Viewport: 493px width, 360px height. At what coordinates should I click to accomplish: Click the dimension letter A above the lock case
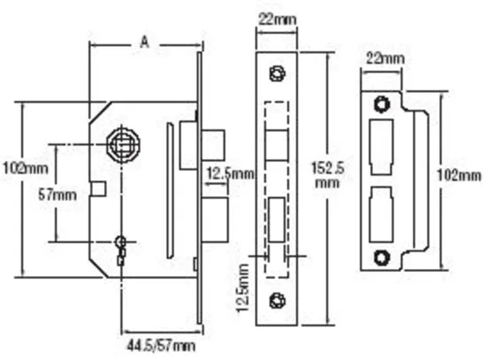click(x=144, y=43)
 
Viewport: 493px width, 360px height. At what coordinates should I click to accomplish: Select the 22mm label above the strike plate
click(x=383, y=59)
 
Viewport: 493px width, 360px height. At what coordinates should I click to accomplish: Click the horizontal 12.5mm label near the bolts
click(x=230, y=174)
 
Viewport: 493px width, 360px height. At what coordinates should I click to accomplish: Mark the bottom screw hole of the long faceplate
click(x=276, y=298)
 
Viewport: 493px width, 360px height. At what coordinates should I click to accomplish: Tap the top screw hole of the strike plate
click(x=380, y=103)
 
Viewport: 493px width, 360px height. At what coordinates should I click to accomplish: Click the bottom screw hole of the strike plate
click(x=380, y=257)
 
